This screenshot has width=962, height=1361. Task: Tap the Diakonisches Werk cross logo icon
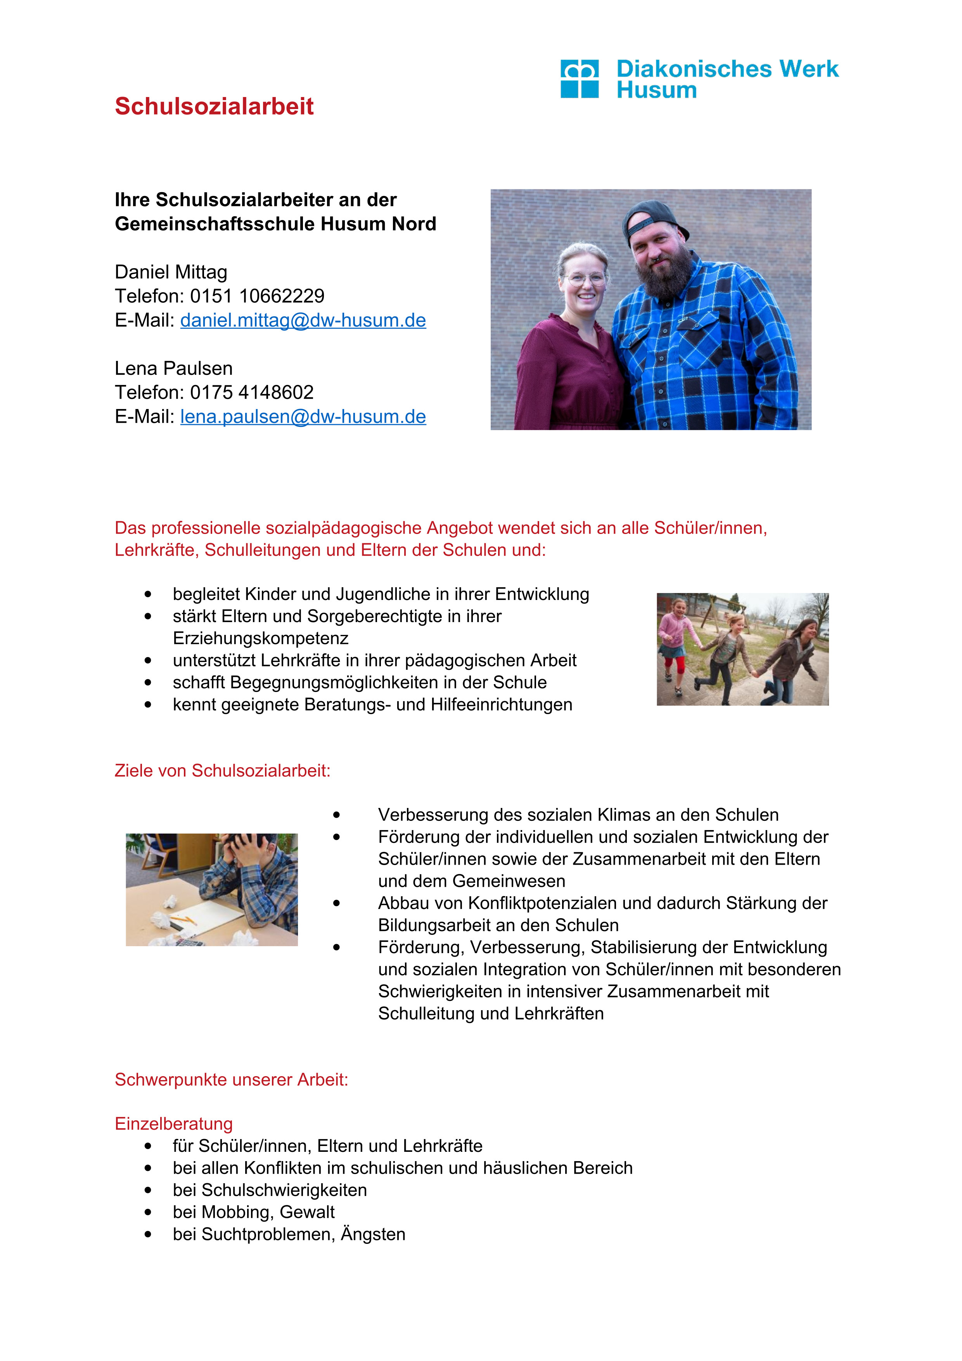[x=579, y=78]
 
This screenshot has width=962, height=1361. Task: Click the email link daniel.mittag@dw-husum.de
[x=303, y=320]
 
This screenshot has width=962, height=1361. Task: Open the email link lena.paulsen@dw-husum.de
[x=303, y=417]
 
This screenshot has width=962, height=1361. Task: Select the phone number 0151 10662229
[x=257, y=296]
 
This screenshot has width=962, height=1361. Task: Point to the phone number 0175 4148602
[x=252, y=392]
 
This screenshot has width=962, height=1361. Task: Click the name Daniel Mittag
[x=171, y=272]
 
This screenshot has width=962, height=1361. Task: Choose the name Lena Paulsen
[x=173, y=369]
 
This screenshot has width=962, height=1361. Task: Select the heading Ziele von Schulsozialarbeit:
[x=222, y=771]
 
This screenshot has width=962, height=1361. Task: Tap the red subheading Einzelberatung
[x=173, y=1124]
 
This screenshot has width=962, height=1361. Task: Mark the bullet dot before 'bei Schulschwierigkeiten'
[x=147, y=1190]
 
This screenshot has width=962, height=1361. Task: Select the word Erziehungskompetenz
[x=261, y=638]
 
